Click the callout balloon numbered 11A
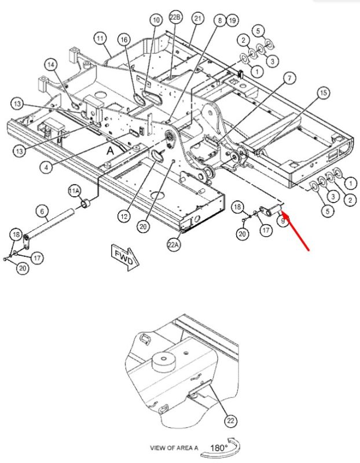coord(74,192)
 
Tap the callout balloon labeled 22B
coord(175,17)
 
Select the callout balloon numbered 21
coord(197,19)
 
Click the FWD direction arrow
coord(124,256)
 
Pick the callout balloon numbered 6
coord(42,211)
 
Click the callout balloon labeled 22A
coord(174,245)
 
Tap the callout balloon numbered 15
coord(324,93)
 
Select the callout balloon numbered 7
coord(289,78)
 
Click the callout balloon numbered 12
coord(124,216)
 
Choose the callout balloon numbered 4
coord(46,167)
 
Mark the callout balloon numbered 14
coord(51,65)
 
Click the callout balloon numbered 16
coord(124,39)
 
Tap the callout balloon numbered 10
coord(156,20)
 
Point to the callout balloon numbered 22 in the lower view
coord(231,421)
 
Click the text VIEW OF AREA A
coord(174,448)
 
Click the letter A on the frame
coord(110,151)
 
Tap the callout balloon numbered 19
coord(232,20)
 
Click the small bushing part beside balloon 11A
coord(86,204)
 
